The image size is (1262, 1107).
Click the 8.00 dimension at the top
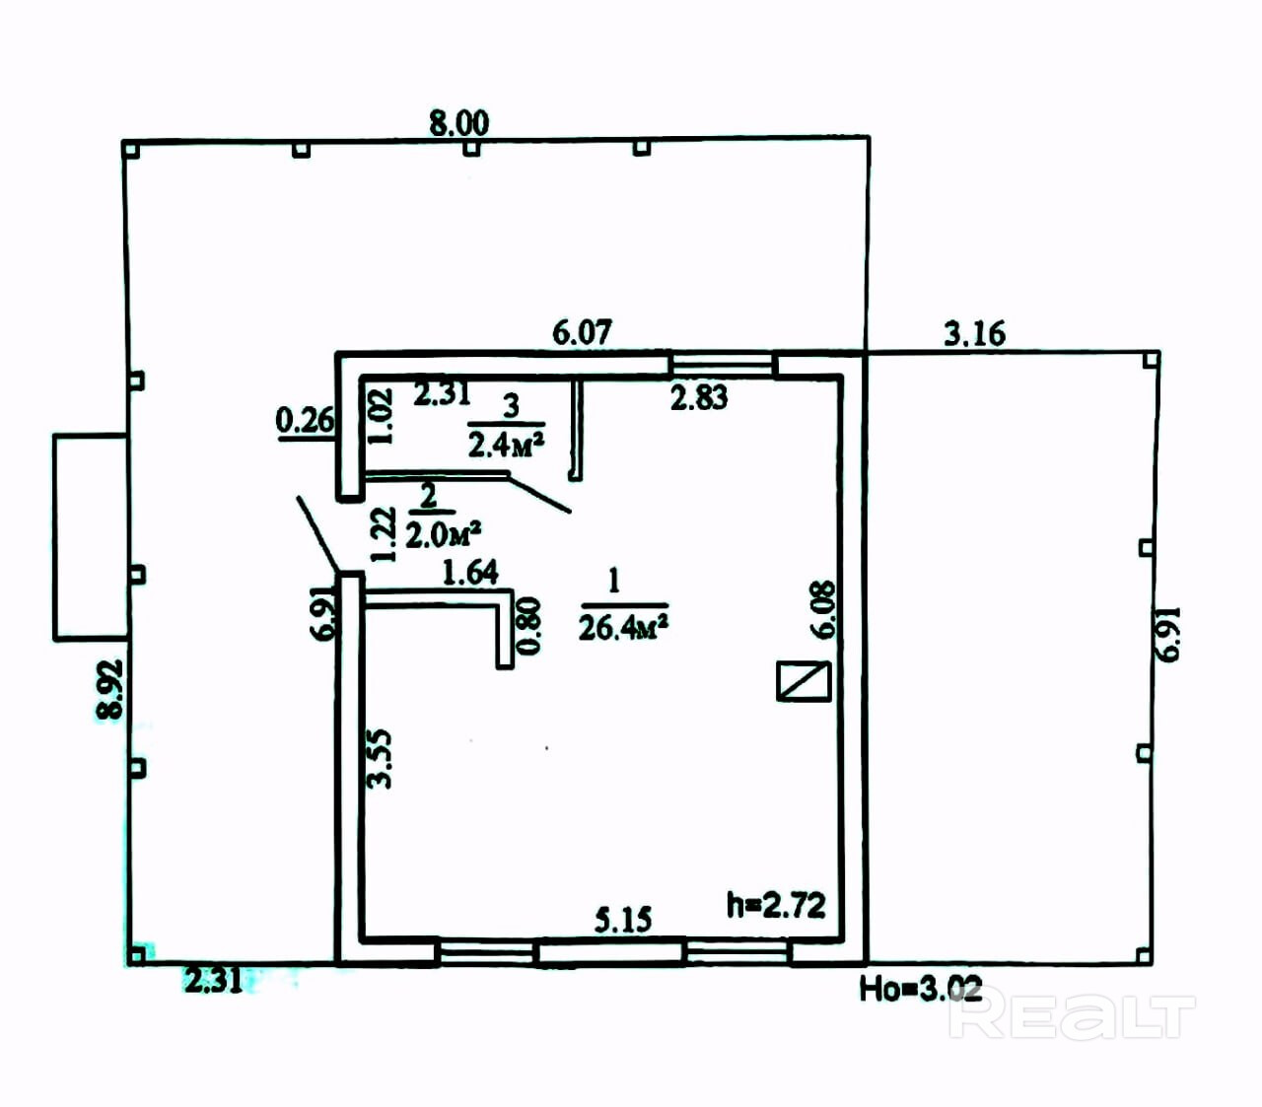click(458, 123)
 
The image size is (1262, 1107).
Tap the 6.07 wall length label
click(582, 332)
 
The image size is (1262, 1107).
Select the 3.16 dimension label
click(974, 333)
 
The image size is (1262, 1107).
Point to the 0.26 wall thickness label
click(305, 421)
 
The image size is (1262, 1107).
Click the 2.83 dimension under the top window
click(699, 397)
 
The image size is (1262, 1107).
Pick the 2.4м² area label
click(506, 445)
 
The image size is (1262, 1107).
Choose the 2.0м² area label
click(443, 534)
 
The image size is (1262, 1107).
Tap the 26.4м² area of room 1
click(623, 627)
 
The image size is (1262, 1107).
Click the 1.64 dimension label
click(469, 572)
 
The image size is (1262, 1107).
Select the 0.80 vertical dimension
click(529, 626)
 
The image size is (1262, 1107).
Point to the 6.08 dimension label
click(822, 609)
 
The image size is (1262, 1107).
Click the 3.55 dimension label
click(380, 758)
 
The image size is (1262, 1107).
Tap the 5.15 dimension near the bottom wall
click(623, 920)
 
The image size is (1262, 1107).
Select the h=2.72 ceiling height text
click(776, 905)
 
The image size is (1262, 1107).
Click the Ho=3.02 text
click(920, 988)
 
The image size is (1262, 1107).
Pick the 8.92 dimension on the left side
click(109, 689)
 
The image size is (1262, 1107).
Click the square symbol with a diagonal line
click(804, 681)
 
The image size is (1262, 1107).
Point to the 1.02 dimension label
click(381, 415)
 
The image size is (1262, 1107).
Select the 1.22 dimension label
click(383, 534)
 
